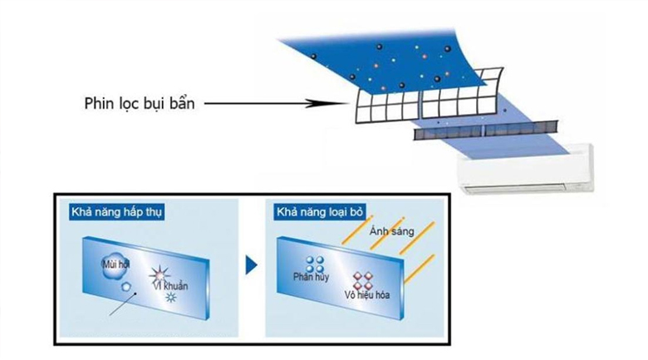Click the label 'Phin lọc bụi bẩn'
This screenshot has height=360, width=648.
[x=139, y=105]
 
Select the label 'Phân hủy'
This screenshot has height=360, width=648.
[x=307, y=277]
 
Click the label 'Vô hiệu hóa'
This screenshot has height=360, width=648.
[x=367, y=296]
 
